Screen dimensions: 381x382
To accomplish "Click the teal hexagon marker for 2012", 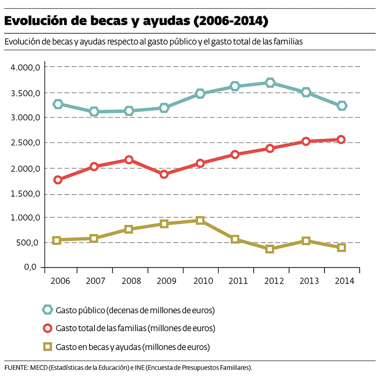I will click(270, 83).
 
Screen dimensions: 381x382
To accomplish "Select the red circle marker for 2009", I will click(164, 174).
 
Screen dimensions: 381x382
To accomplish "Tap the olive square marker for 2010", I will click(200, 220).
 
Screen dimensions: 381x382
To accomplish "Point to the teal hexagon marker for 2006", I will click(58, 104).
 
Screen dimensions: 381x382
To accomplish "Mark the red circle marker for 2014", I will click(341, 139).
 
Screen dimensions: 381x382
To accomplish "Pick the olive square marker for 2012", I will click(270, 249).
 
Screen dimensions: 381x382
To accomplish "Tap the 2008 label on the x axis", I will click(129, 281).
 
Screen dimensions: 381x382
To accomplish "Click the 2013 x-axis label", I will click(306, 281).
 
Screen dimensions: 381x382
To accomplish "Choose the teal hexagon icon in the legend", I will click(48, 310).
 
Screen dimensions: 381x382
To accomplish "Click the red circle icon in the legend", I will click(48, 328).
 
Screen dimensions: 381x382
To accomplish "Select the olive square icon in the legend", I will click(48, 346).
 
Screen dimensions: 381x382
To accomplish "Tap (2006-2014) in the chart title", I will click(231, 21).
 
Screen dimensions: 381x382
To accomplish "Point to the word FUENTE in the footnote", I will click(16, 367).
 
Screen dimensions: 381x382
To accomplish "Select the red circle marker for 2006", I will click(58, 180).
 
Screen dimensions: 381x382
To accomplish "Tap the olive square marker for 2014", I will click(341, 247).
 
